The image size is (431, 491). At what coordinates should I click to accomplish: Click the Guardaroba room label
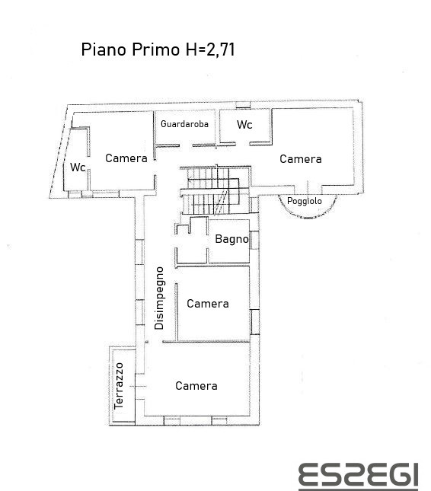point(184,124)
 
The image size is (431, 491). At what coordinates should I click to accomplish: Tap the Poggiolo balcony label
point(305,201)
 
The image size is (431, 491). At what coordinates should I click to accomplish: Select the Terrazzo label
point(119,386)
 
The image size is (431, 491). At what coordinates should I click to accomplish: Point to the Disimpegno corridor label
point(159,298)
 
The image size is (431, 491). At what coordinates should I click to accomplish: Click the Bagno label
point(231,239)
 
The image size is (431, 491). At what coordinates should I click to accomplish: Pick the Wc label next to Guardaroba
point(244,125)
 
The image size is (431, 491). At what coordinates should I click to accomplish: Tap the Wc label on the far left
point(78,167)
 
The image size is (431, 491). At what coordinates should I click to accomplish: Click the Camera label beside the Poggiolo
point(301,159)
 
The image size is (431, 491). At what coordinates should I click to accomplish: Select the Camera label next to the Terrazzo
point(196,386)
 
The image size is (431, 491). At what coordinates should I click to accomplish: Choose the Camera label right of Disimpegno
point(208,304)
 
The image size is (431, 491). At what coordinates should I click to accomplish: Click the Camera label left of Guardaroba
point(126,158)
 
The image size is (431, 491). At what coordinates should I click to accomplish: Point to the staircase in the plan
point(215,190)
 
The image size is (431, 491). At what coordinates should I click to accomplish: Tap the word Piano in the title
point(104,49)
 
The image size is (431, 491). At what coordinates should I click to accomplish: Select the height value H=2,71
point(210,49)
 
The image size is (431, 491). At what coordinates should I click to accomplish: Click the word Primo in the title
point(155,49)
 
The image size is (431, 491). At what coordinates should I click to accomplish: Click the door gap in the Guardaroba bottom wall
point(186,145)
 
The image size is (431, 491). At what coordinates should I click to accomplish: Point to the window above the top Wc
point(243,105)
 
